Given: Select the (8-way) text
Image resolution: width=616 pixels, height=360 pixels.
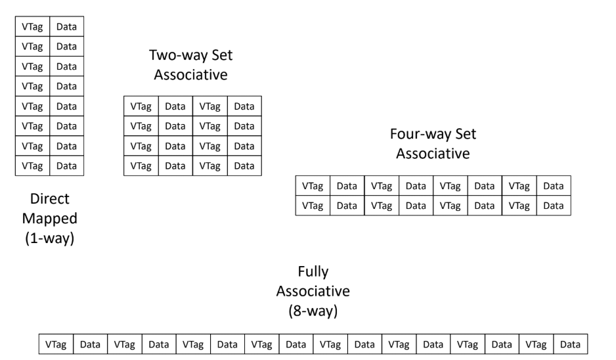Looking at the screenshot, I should pos(313,311).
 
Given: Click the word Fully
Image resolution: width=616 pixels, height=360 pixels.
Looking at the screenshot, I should pos(313,271).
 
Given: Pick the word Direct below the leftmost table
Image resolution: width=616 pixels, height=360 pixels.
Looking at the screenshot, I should pos(49,198).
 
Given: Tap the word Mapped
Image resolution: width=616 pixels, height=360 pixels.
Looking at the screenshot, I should pos(49,217).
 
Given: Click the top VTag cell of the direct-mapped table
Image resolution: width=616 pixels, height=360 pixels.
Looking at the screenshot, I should pos(32,27).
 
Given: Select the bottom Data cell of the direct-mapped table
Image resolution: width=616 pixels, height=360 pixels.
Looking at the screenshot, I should pos(66,166).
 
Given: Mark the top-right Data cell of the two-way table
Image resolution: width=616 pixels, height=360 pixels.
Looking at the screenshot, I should pos(244,106).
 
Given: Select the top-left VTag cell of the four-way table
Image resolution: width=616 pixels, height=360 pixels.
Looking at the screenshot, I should pos(313,187).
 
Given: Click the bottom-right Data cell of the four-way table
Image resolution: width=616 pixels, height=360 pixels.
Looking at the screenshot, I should pos(554,205).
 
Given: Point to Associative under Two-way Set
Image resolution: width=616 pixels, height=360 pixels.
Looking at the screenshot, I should pos(190,75).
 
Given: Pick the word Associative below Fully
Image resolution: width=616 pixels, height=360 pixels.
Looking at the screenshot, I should pos(313,291).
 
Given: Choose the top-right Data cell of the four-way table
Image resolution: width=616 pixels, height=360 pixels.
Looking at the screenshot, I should pos(554,187).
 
